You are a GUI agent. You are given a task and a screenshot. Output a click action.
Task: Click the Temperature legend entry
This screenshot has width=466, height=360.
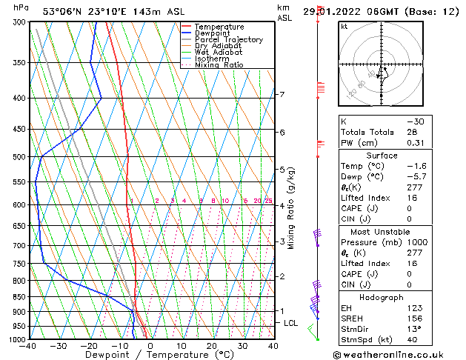(x=220, y=27)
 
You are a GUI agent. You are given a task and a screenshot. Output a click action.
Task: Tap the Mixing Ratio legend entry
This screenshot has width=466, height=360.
(x=219, y=65)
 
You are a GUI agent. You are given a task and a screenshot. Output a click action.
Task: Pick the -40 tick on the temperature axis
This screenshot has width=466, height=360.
(x=29, y=346)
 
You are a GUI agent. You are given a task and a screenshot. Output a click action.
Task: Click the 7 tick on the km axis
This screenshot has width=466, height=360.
(x=282, y=95)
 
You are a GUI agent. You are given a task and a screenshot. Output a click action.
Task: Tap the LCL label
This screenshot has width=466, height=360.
(x=290, y=323)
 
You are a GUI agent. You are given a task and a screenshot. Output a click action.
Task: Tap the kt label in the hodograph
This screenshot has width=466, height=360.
(x=344, y=26)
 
